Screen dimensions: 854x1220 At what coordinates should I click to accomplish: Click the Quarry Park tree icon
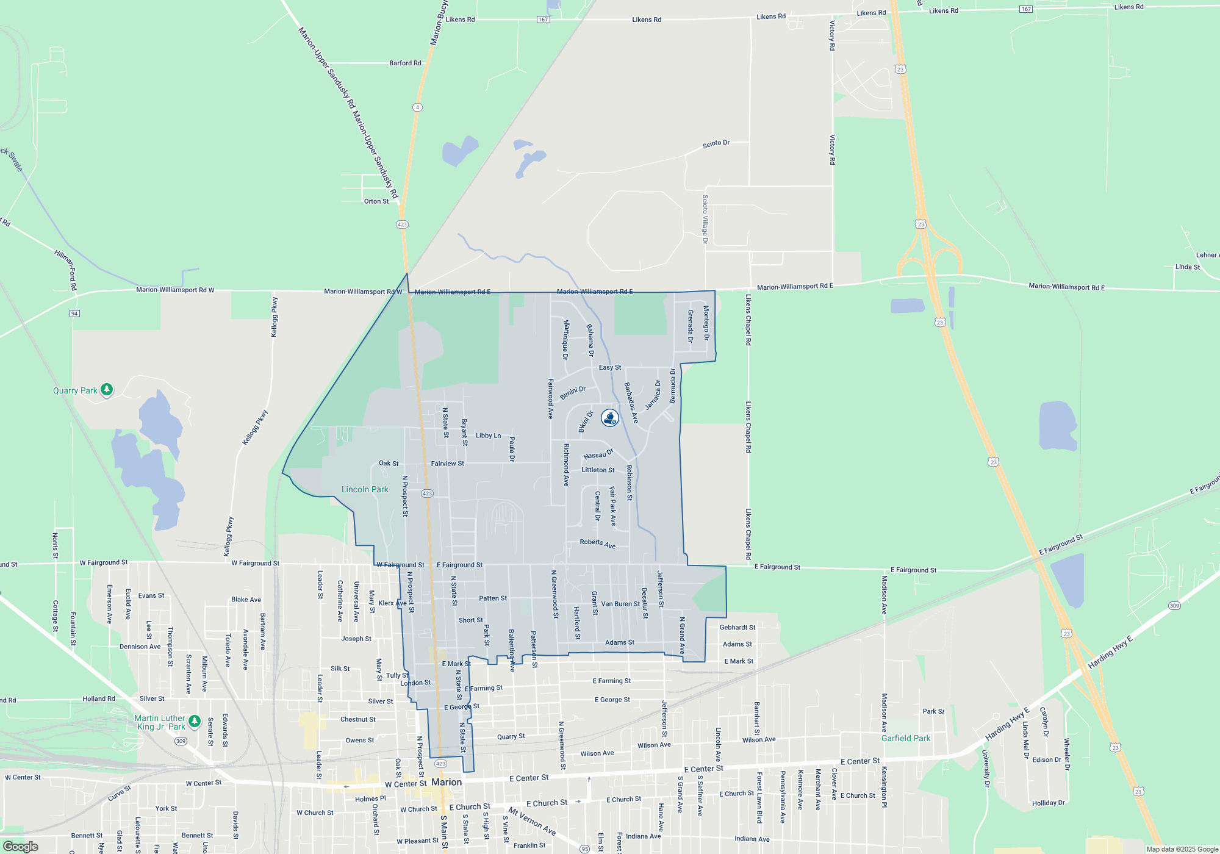107,389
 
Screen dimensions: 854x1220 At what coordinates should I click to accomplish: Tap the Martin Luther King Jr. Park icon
195,722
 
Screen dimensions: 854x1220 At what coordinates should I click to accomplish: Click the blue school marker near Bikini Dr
610,418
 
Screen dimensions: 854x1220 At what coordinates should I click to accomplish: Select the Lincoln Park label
365,489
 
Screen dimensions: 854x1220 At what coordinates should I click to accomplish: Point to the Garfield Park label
906,738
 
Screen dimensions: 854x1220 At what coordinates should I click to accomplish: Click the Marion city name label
447,782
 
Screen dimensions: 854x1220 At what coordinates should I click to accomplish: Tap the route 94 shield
74,314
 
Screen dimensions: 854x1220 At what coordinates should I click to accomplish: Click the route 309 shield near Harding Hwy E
1174,606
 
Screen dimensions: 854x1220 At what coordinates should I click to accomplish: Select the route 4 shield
417,107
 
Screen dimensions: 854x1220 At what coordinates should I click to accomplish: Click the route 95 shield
584,849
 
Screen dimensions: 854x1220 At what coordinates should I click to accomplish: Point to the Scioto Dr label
716,144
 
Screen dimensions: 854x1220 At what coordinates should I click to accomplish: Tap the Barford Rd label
405,63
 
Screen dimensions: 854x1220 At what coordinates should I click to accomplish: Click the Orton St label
376,201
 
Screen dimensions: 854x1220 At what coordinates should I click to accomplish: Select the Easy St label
610,367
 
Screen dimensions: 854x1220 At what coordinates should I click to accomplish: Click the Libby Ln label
488,436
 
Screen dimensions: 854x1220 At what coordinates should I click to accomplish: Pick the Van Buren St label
620,604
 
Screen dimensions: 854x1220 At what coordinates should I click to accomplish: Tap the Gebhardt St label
737,627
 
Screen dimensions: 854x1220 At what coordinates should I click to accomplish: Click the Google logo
21,847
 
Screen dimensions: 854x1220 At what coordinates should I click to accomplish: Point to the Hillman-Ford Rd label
66,269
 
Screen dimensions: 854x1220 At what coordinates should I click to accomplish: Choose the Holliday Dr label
1049,803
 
